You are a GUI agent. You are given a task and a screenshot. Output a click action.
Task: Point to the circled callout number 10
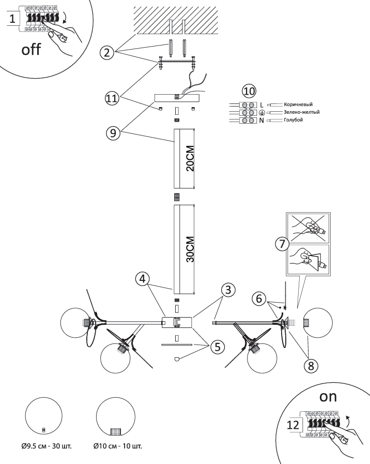click(250, 91)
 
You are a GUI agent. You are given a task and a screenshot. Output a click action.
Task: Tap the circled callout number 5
click(218, 347)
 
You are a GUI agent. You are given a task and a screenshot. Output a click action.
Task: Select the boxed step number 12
click(293, 425)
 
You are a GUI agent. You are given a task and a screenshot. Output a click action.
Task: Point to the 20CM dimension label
click(190, 159)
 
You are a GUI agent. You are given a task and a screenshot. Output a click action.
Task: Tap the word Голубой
click(294, 120)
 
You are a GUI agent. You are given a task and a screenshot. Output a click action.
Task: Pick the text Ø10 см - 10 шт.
click(117, 446)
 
